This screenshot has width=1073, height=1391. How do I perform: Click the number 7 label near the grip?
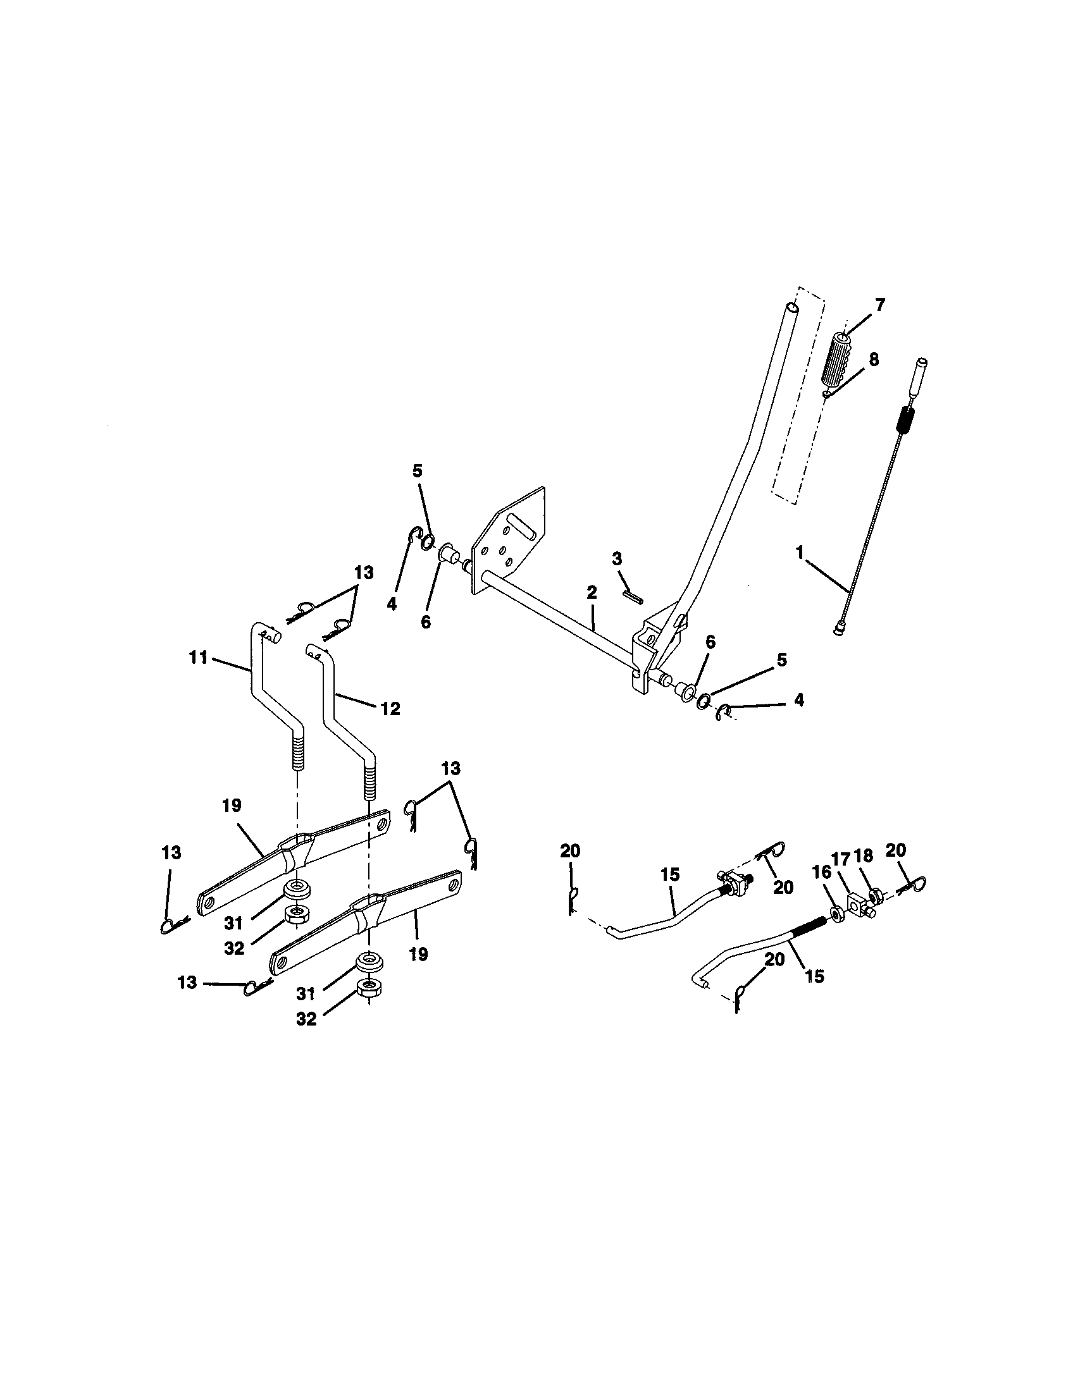(x=879, y=305)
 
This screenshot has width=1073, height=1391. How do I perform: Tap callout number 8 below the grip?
(x=873, y=360)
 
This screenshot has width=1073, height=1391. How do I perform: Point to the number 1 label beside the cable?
(x=800, y=553)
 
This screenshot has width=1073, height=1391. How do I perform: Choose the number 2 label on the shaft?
(x=592, y=592)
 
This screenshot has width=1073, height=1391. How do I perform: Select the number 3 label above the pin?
(x=617, y=559)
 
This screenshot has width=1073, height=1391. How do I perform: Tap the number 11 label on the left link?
(x=198, y=658)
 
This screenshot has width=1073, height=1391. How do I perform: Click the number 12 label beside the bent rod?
(x=390, y=708)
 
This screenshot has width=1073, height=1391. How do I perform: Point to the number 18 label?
(x=864, y=856)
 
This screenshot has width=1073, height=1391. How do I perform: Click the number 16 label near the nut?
(x=822, y=871)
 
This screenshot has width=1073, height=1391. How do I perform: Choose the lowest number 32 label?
(x=306, y=1019)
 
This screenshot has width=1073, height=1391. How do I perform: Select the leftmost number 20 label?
(x=570, y=850)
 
